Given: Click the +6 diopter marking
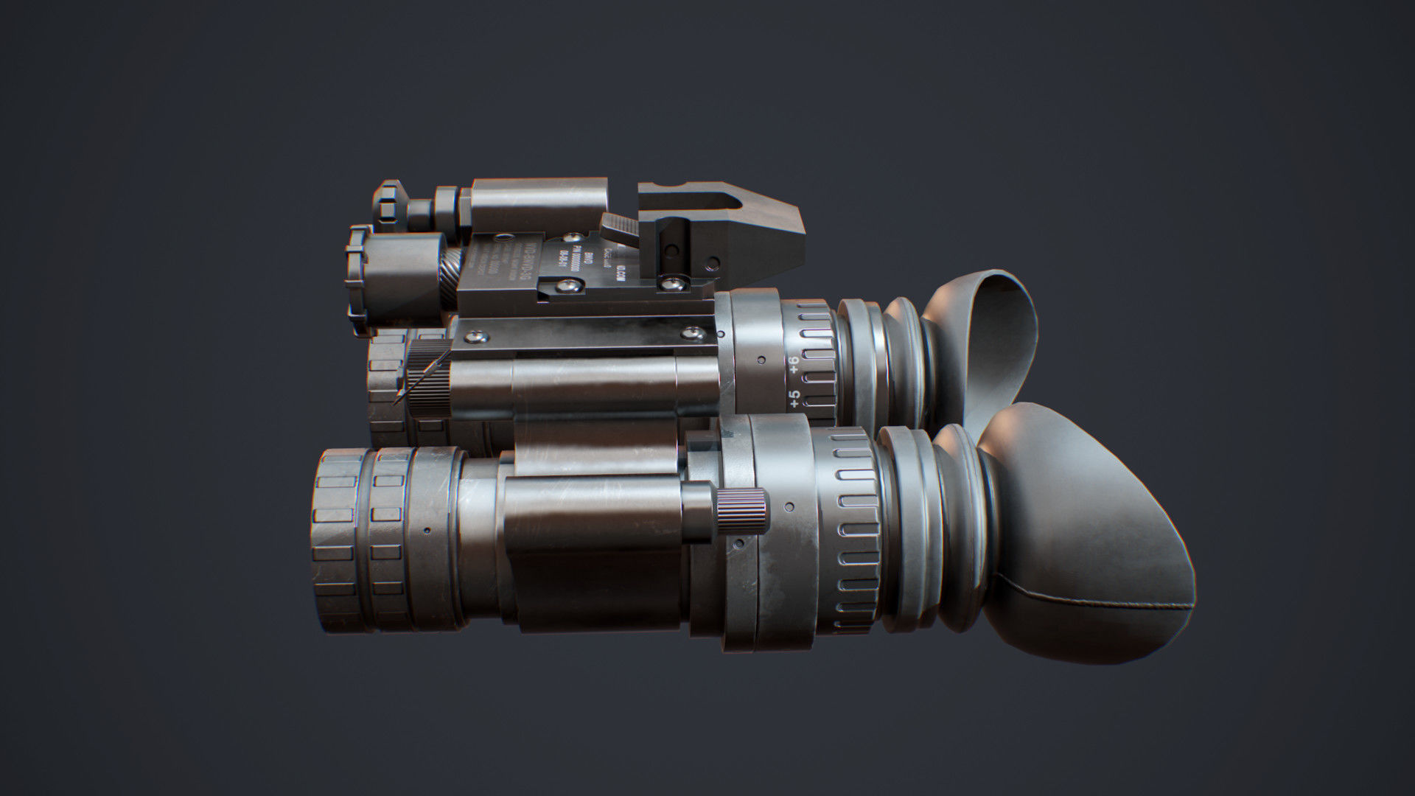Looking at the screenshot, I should point(793,364).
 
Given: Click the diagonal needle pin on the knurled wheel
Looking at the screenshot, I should point(422,378).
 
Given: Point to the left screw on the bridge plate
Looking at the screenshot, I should point(478,337).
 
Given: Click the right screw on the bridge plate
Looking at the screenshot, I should point(691,334).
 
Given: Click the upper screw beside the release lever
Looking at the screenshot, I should point(571,237).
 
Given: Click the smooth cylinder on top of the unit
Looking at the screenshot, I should point(538,200).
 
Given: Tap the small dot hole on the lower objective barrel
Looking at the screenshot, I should point(427,530).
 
